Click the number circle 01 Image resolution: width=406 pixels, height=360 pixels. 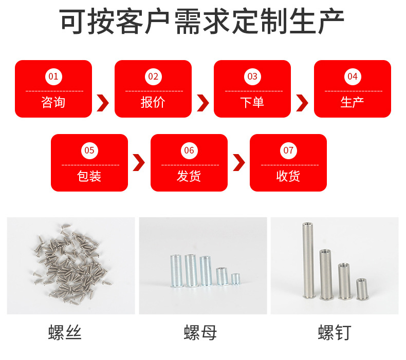point(53,77)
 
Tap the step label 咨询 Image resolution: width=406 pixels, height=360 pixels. point(53,102)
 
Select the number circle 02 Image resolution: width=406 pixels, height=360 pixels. point(153,77)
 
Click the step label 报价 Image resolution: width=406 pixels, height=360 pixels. point(153,102)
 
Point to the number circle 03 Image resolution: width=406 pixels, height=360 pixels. point(252,77)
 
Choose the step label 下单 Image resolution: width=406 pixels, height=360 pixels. point(252,102)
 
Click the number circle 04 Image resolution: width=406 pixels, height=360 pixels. point(352,77)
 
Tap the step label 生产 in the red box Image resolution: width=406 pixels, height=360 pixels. point(352,102)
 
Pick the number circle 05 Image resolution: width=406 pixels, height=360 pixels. point(89,150)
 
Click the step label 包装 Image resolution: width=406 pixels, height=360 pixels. point(89,176)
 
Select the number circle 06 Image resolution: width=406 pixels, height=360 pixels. point(189,150)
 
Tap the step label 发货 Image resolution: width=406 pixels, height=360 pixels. point(189,176)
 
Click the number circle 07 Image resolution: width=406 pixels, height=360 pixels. point(288,150)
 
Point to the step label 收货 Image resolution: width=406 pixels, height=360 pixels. point(288,176)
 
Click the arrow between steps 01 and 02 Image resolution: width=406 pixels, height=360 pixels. point(103,103)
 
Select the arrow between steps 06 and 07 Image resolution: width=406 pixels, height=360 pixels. point(238,162)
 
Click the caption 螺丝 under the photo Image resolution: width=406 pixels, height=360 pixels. point(65,333)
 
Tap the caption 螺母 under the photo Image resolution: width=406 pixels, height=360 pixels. point(200,333)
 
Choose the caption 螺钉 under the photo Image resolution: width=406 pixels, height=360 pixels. point(335,333)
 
